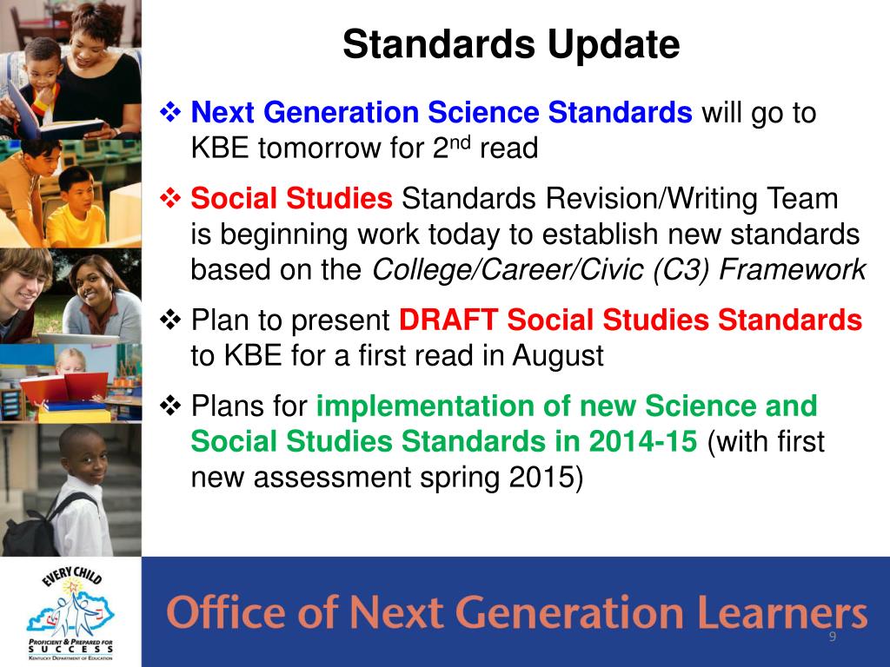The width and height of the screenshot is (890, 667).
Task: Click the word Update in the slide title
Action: pos(614,45)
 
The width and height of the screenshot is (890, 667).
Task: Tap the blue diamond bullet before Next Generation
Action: pos(170,112)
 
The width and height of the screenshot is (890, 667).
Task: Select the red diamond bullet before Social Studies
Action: pos(170,198)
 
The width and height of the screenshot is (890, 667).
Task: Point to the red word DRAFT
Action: pos(448,320)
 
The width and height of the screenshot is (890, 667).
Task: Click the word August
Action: pos(557,356)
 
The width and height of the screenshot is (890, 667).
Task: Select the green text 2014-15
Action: pos(643,441)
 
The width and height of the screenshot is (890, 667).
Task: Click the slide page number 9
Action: pos(832,637)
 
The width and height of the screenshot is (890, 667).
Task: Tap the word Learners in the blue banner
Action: pos(783,612)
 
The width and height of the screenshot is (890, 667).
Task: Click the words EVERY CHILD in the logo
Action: pos(72,576)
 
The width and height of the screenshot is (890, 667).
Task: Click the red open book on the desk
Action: pos(63,387)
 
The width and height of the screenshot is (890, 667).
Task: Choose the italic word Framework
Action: pos(793,270)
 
